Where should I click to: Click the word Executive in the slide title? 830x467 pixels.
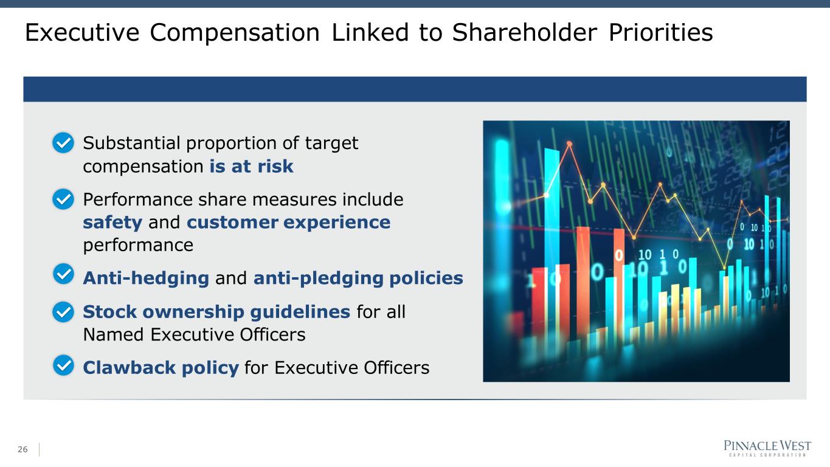point(82,32)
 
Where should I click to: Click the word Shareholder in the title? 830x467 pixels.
point(524,32)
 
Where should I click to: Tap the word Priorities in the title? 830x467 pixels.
point(661,32)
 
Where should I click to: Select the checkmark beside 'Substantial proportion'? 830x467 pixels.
point(63,143)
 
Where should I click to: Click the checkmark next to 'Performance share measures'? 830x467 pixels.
point(63,199)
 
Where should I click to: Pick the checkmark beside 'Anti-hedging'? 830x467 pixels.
point(63,274)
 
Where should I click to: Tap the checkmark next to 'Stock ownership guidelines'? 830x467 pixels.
point(63,311)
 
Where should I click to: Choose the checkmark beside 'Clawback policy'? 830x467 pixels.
point(63,365)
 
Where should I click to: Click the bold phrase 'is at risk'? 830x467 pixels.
point(251,166)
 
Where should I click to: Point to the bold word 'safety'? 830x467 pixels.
point(112,223)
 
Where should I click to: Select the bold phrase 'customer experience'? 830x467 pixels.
point(288,223)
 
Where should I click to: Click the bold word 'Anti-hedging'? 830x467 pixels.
point(146,278)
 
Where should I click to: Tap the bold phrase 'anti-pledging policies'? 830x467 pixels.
point(358,278)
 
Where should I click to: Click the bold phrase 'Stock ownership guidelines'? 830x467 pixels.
point(216,312)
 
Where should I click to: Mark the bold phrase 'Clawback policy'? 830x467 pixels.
point(161,368)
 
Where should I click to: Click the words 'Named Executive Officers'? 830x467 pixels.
point(194,334)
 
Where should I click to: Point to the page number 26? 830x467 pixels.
point(22,449)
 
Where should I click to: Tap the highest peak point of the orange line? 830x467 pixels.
point(570,144)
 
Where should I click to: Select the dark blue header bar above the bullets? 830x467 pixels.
point(415,89)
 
